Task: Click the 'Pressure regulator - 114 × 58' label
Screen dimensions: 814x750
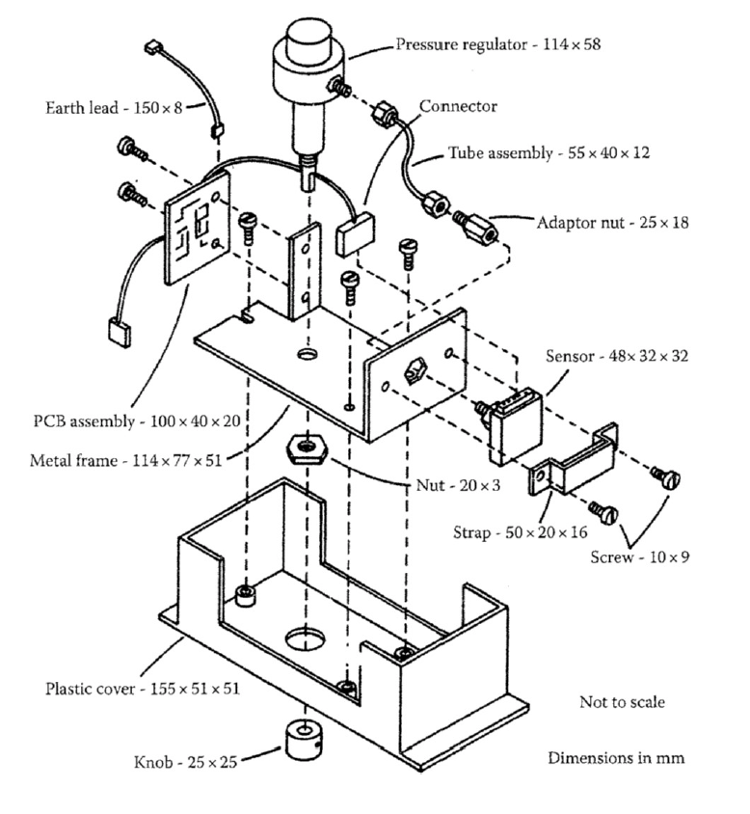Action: coord(498,44)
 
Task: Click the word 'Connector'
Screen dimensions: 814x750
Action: coord(458,106)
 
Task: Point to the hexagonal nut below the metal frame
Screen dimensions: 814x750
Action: coord(307,448)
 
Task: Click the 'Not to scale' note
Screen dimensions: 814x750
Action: coord(622,701)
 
